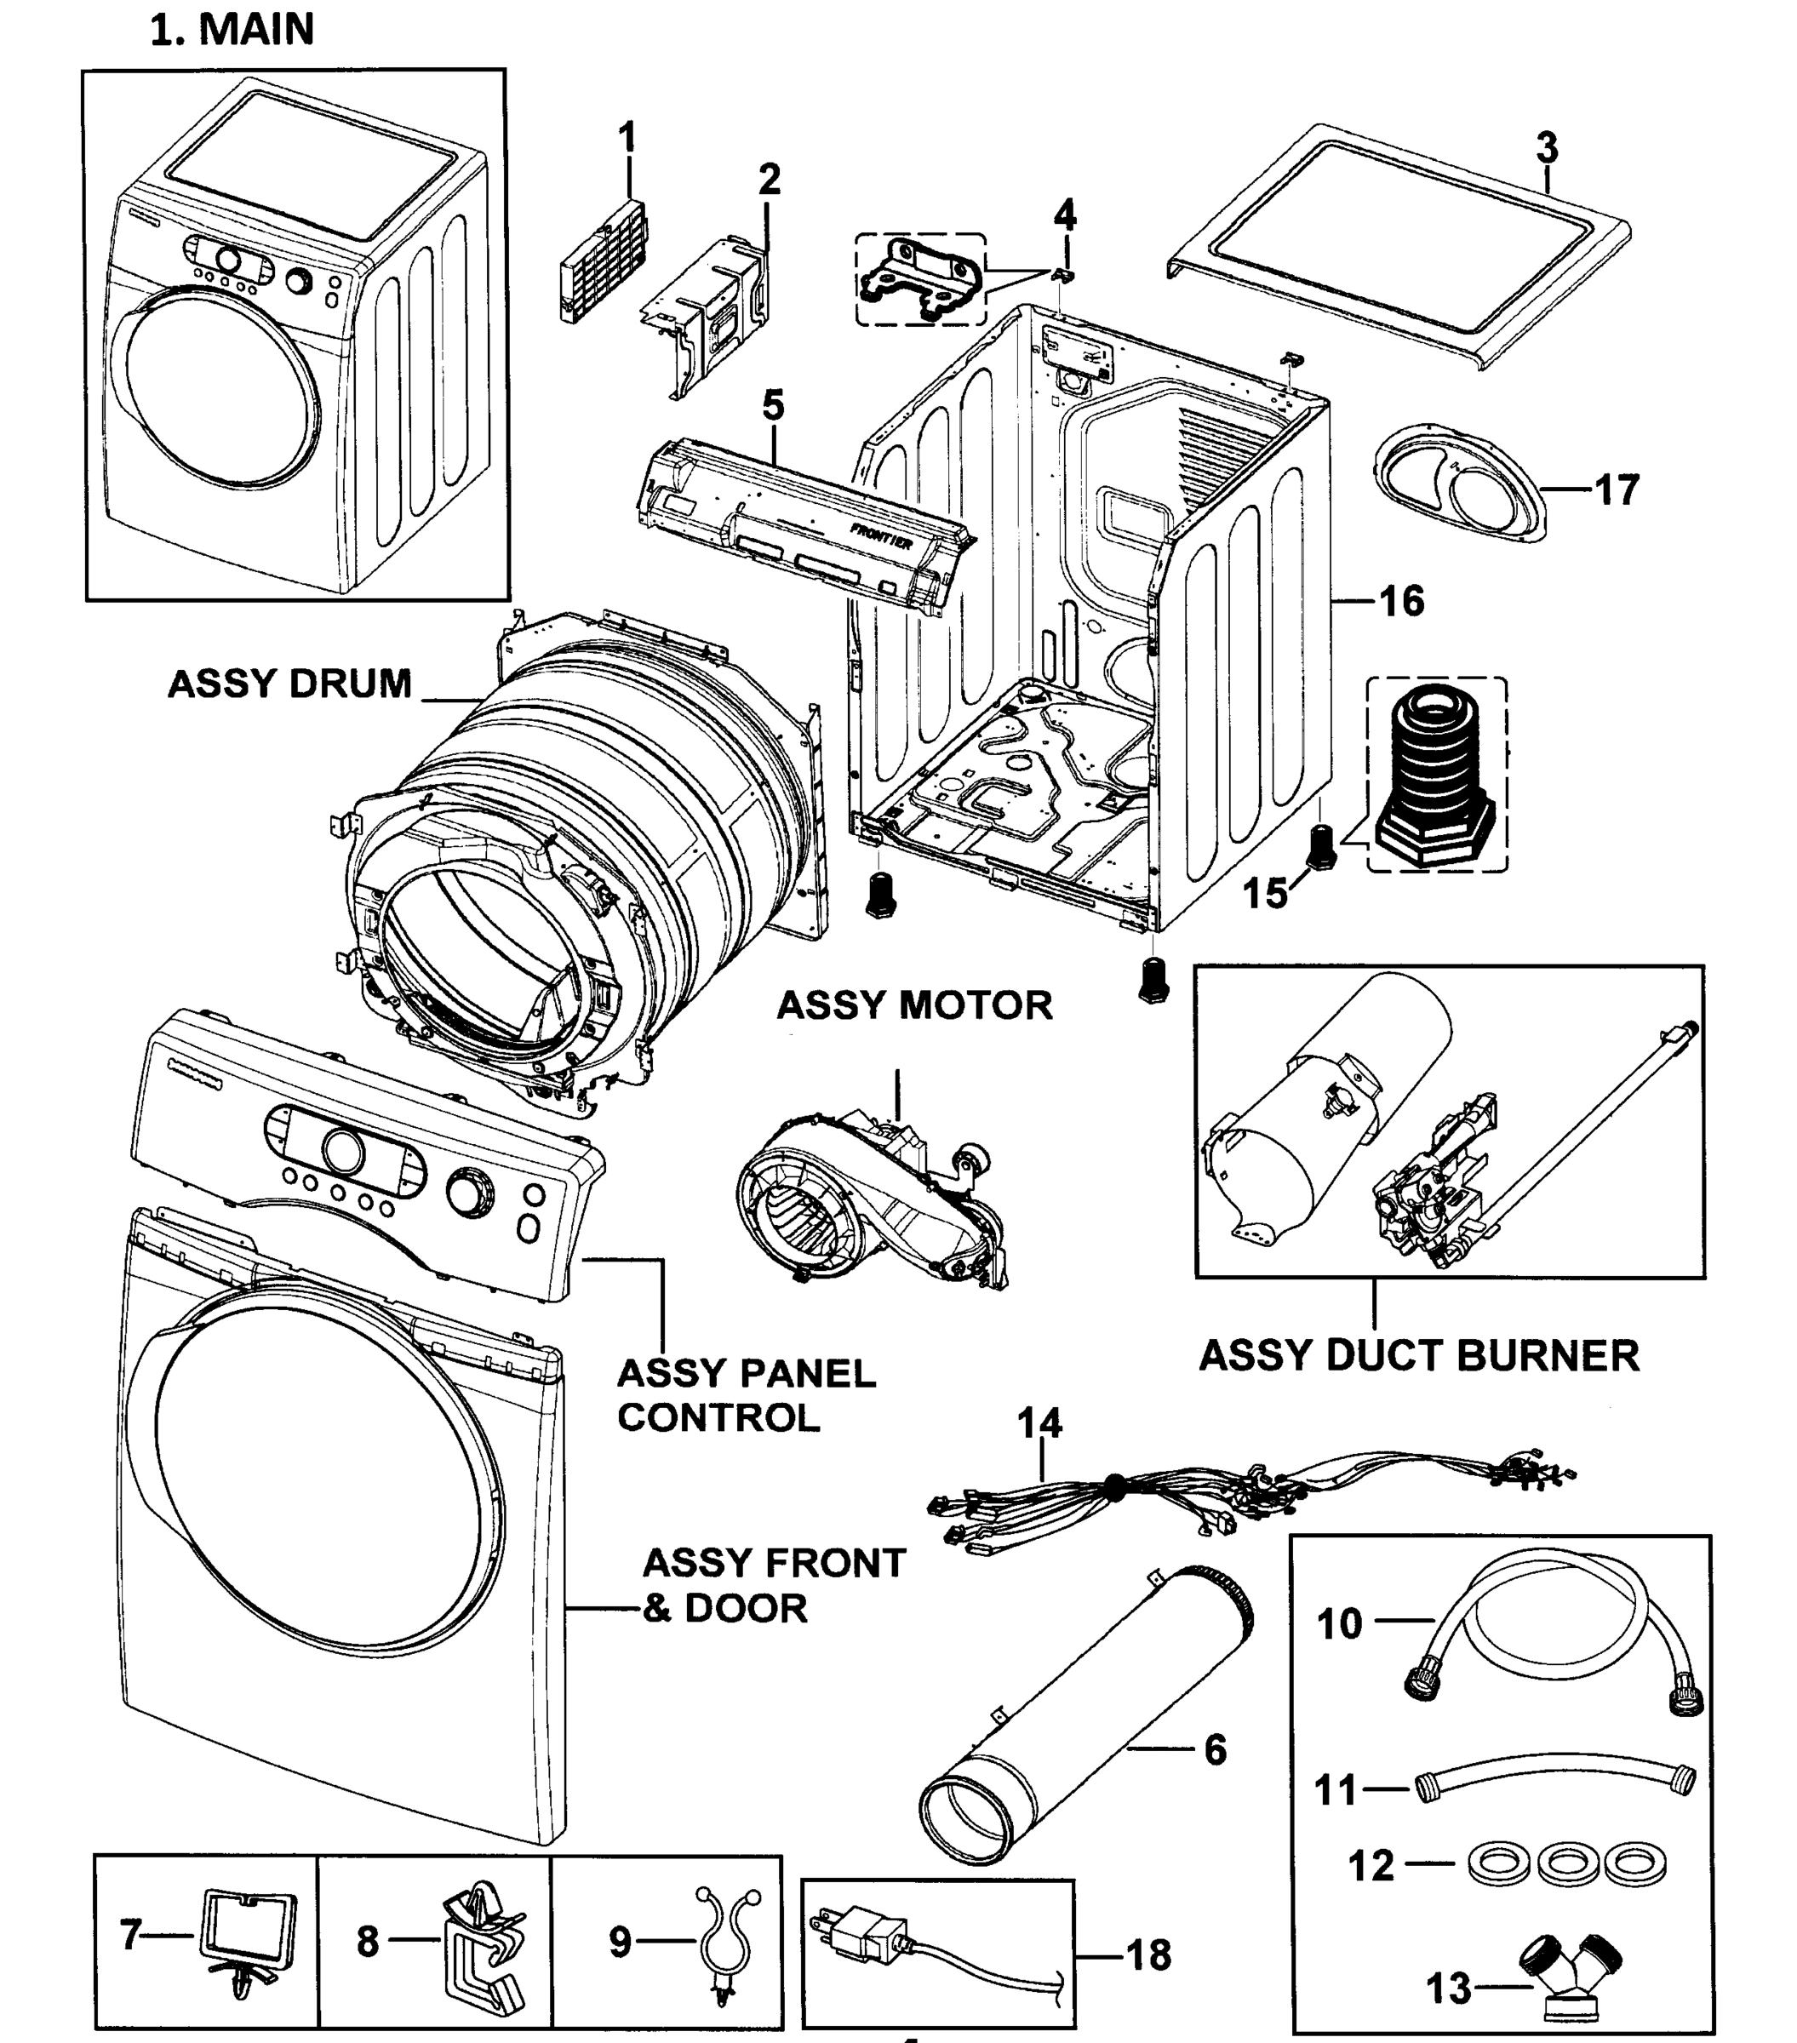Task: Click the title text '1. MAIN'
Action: pos(232,30)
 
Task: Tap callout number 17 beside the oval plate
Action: pos(1616,491)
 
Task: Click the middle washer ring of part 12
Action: pos(1564,1864)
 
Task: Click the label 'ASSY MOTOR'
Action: pos(914,1005)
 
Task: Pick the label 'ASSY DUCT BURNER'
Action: pos(1418,1356)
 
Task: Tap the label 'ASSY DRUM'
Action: pos(289,684)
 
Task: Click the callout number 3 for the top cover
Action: pos(1546,149)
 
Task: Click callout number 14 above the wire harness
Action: pos(1039,1422)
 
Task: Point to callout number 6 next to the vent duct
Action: pos(1215,1749)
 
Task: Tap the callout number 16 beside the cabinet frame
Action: pos(1401,601)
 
